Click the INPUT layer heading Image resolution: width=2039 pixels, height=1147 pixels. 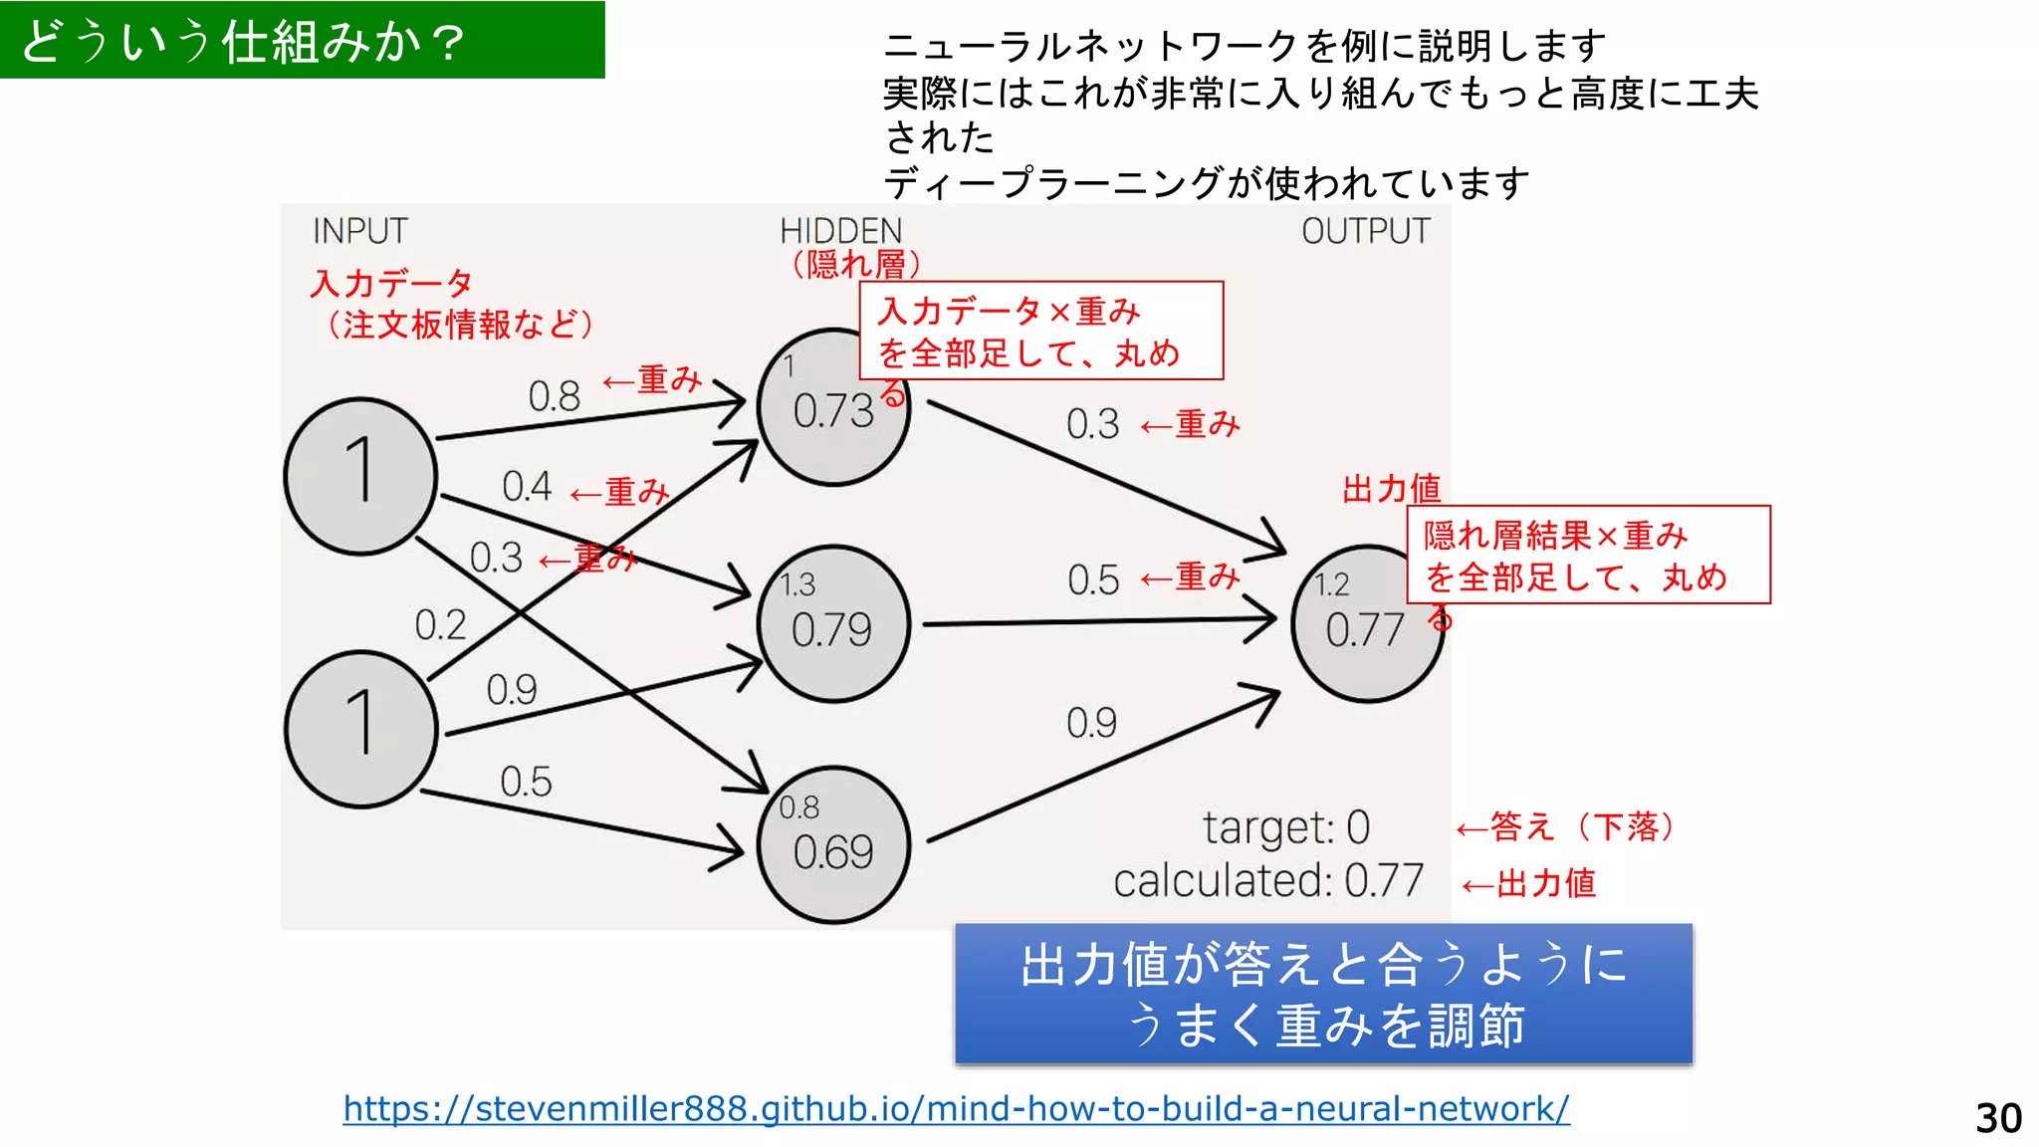(x=360, y=231)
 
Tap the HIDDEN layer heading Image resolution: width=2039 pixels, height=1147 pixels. (x=840, y=231)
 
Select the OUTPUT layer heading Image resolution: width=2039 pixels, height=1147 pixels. (x=1365, y=231)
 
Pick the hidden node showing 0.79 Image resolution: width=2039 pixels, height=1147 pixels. (x=833, y=626)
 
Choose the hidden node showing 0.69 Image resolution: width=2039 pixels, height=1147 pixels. (x=833, y=847)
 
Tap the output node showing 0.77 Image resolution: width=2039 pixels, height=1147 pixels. (x=1366, y=626)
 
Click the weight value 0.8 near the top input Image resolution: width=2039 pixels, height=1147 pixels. (x=554, y=396)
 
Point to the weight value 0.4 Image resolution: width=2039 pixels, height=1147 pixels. (x=527, y=487)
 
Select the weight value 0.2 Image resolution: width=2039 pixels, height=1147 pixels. (x=440, y=625)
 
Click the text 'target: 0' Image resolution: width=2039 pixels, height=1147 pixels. (x=1286, y=827)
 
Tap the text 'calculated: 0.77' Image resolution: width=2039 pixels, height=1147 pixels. (x=1268, y=881)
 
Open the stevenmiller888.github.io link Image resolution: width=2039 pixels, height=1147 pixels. (x=956, y=1108)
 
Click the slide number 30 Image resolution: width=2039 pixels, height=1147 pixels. (x=1998, y=1118)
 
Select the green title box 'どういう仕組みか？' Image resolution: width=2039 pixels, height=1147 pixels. (x=302, y=41)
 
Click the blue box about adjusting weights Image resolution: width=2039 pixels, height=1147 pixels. (x=1323, y=995)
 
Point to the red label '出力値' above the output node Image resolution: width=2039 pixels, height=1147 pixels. (x=1391, y=489)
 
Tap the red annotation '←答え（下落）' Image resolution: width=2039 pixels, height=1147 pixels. (x=1568, y=826)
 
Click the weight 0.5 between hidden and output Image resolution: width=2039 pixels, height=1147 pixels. (x=1093, y=579)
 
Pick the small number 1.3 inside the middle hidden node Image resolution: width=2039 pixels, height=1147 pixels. (x=797, y=584)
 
